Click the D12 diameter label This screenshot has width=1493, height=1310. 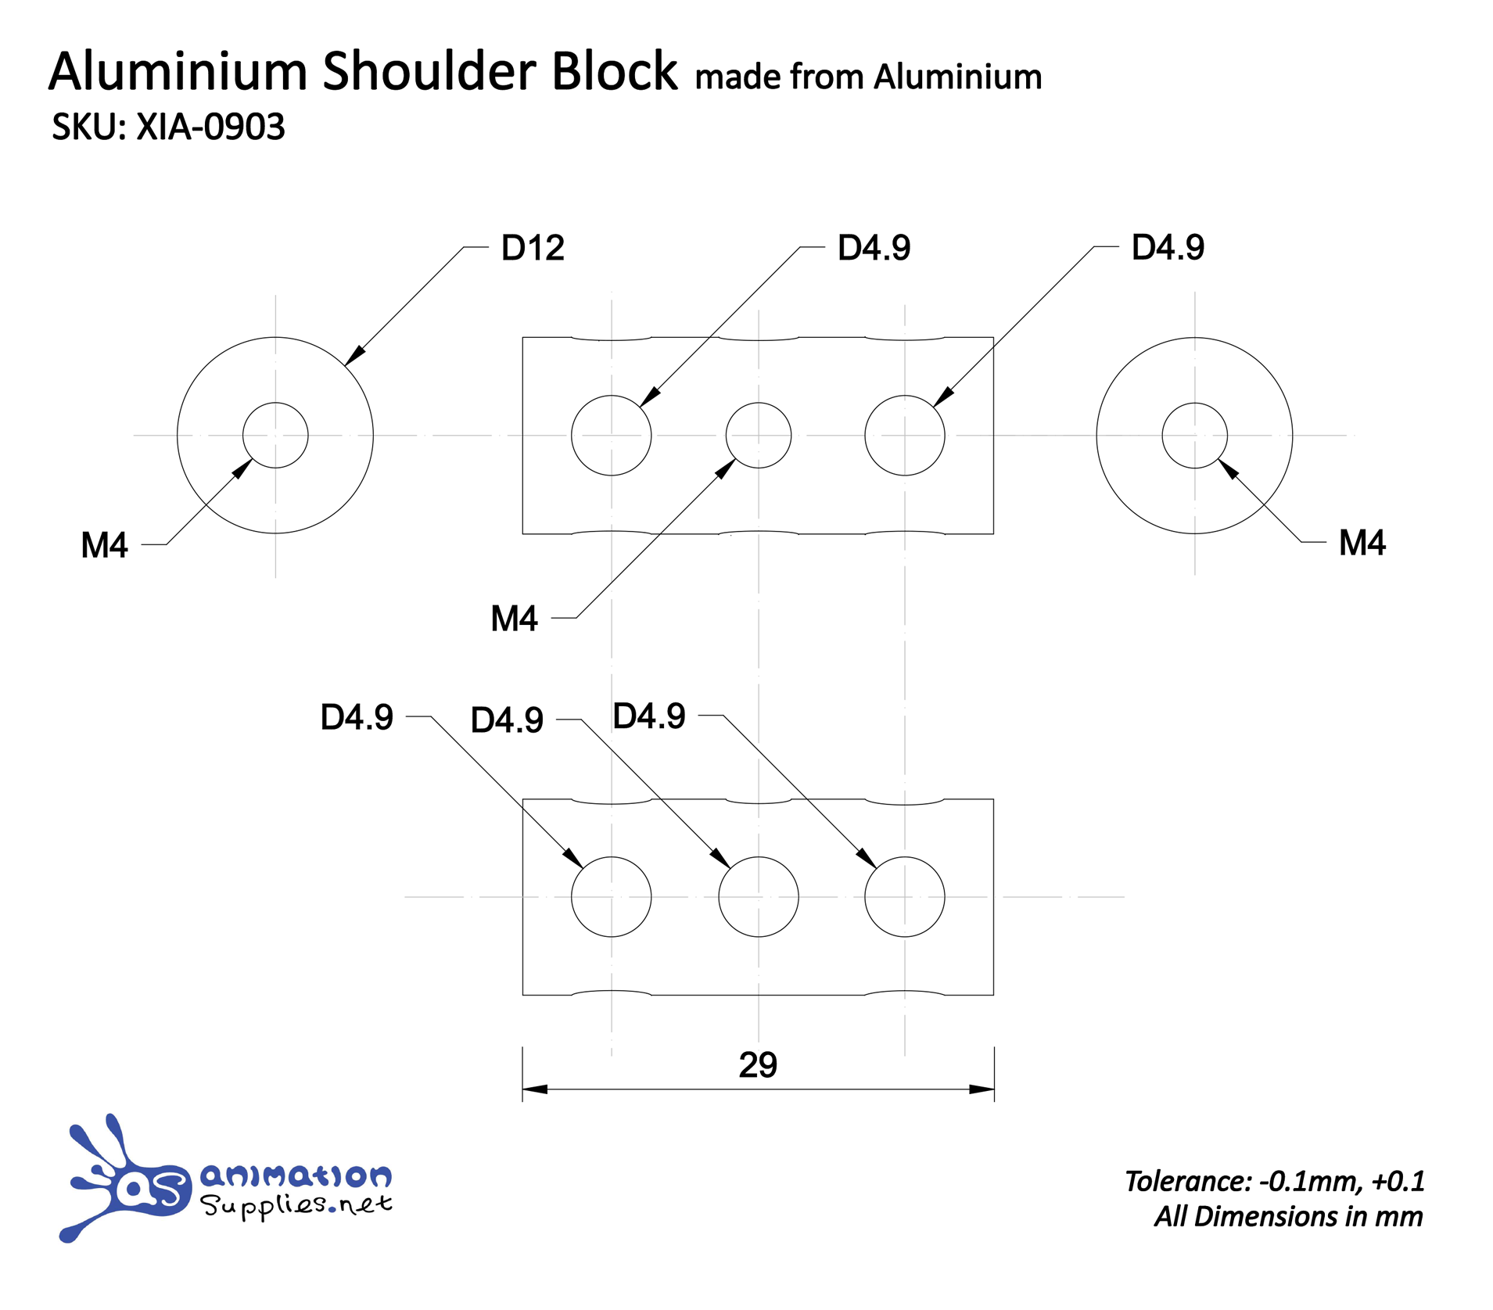532,248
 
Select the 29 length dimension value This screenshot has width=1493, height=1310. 757,1064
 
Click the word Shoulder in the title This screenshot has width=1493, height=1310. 429,71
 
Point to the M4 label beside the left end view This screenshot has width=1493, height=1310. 104,545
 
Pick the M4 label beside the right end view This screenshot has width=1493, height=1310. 1361,543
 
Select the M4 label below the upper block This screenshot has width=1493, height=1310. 514,619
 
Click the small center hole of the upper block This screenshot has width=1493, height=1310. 758,436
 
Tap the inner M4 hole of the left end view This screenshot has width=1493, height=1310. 275,436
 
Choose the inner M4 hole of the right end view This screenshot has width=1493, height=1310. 1193,436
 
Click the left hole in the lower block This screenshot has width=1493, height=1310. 611,896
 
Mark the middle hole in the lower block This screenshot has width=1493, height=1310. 758,896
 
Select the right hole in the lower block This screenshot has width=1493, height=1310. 904,896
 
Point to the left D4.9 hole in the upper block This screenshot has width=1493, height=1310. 611,436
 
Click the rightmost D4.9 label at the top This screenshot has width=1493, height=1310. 1167,247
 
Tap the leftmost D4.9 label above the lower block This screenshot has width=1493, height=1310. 357,717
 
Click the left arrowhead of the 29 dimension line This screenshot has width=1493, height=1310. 534,1089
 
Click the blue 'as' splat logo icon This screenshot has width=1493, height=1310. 125,1182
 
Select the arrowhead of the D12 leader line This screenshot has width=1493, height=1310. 354,356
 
